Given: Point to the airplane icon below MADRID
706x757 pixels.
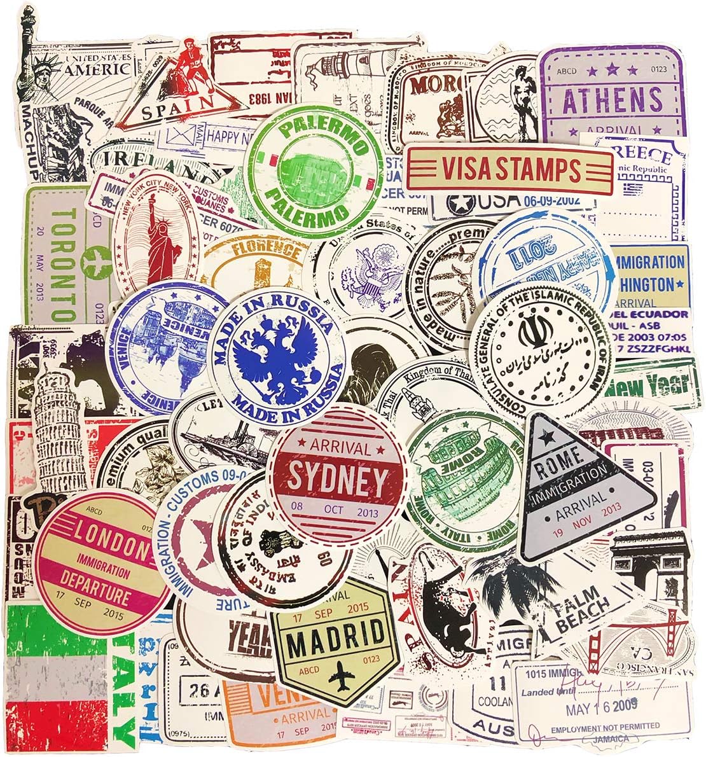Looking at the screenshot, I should coord(337,678).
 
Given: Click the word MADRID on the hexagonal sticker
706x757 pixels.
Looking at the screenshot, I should coord(336,630).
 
